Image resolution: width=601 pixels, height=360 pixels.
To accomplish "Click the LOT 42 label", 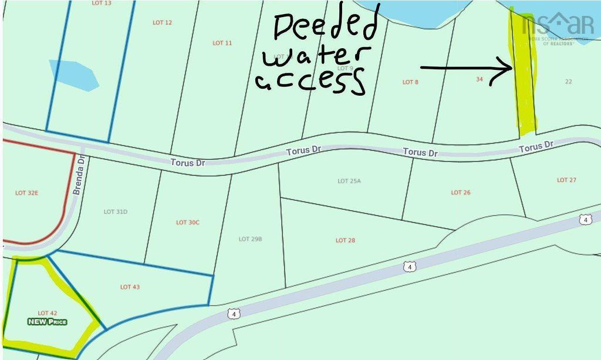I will [47, 313].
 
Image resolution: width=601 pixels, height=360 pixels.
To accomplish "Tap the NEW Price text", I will [48, 322].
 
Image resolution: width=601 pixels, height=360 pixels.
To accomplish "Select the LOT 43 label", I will [130, 287].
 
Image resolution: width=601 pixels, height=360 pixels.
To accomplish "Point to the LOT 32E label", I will [26, 193].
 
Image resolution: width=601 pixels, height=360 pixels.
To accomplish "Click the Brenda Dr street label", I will [79, 174].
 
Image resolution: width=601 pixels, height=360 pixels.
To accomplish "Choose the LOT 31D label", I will [116, 211].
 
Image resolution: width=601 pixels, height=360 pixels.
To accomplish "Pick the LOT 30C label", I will [188, 223].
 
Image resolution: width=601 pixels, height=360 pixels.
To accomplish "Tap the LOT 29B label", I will [250, 239].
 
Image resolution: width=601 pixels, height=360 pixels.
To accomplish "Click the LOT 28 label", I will [345, 240].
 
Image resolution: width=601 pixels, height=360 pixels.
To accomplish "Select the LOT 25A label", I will [349, 181].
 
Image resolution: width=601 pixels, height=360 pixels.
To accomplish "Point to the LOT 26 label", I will [461, 193].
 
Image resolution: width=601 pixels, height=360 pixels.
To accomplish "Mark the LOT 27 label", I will [566, 180].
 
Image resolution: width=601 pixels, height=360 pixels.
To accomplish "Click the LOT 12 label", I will [162, 22].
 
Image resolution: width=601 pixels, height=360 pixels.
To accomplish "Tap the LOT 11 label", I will [222, 43].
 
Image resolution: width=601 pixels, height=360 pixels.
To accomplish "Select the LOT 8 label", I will [410, 82].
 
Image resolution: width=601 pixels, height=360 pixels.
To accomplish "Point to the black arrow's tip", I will [512, 69].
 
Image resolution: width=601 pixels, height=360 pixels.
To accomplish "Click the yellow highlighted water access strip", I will [524, 76].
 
